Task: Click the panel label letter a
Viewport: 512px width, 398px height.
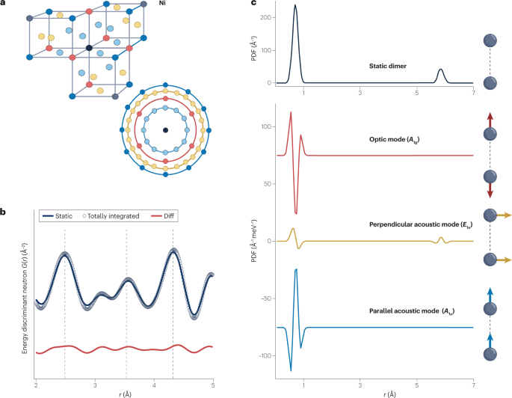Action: point(4,5)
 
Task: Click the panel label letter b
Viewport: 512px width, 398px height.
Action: point(4,212)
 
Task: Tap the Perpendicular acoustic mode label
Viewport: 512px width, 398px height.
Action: point(411,224)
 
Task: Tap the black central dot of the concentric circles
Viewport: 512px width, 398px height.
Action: point(165,130)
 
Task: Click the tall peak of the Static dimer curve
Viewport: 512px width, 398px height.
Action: point(295,6)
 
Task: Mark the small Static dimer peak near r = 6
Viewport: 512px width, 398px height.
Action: point(441,70)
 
